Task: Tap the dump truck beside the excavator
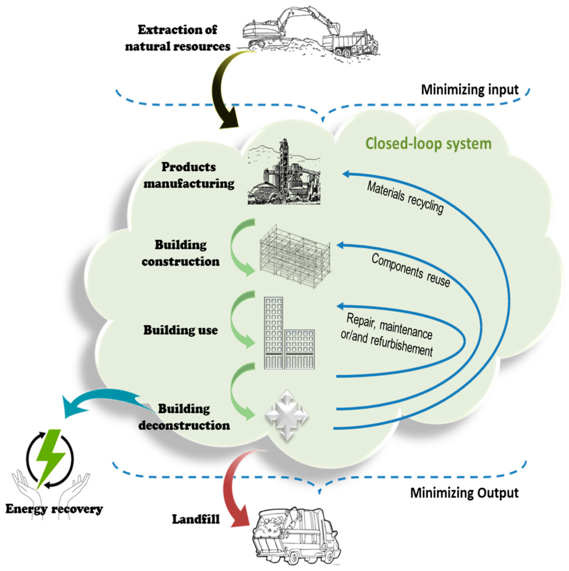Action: click(351, 43)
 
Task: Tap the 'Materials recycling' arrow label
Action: click(405, 197)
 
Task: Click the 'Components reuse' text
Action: click(410, 270)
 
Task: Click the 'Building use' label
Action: click(181, 330)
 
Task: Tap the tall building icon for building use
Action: click(273, 333)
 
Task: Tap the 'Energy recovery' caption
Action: click(54, 509)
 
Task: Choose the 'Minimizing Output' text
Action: click(464, 493)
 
